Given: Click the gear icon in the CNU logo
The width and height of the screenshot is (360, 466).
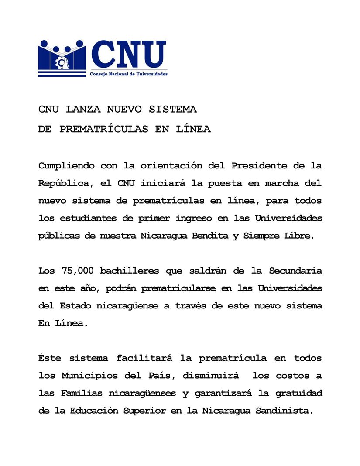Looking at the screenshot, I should (60, 62).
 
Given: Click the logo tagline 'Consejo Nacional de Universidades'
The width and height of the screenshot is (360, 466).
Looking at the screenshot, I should (129, 74).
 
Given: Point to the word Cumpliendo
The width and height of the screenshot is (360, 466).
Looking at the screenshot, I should (66, 166).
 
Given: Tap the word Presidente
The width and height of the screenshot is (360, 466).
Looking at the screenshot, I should (259, 166).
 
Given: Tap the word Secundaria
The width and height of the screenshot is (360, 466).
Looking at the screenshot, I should (295, 271).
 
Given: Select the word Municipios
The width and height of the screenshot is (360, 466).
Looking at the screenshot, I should (89, 376).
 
